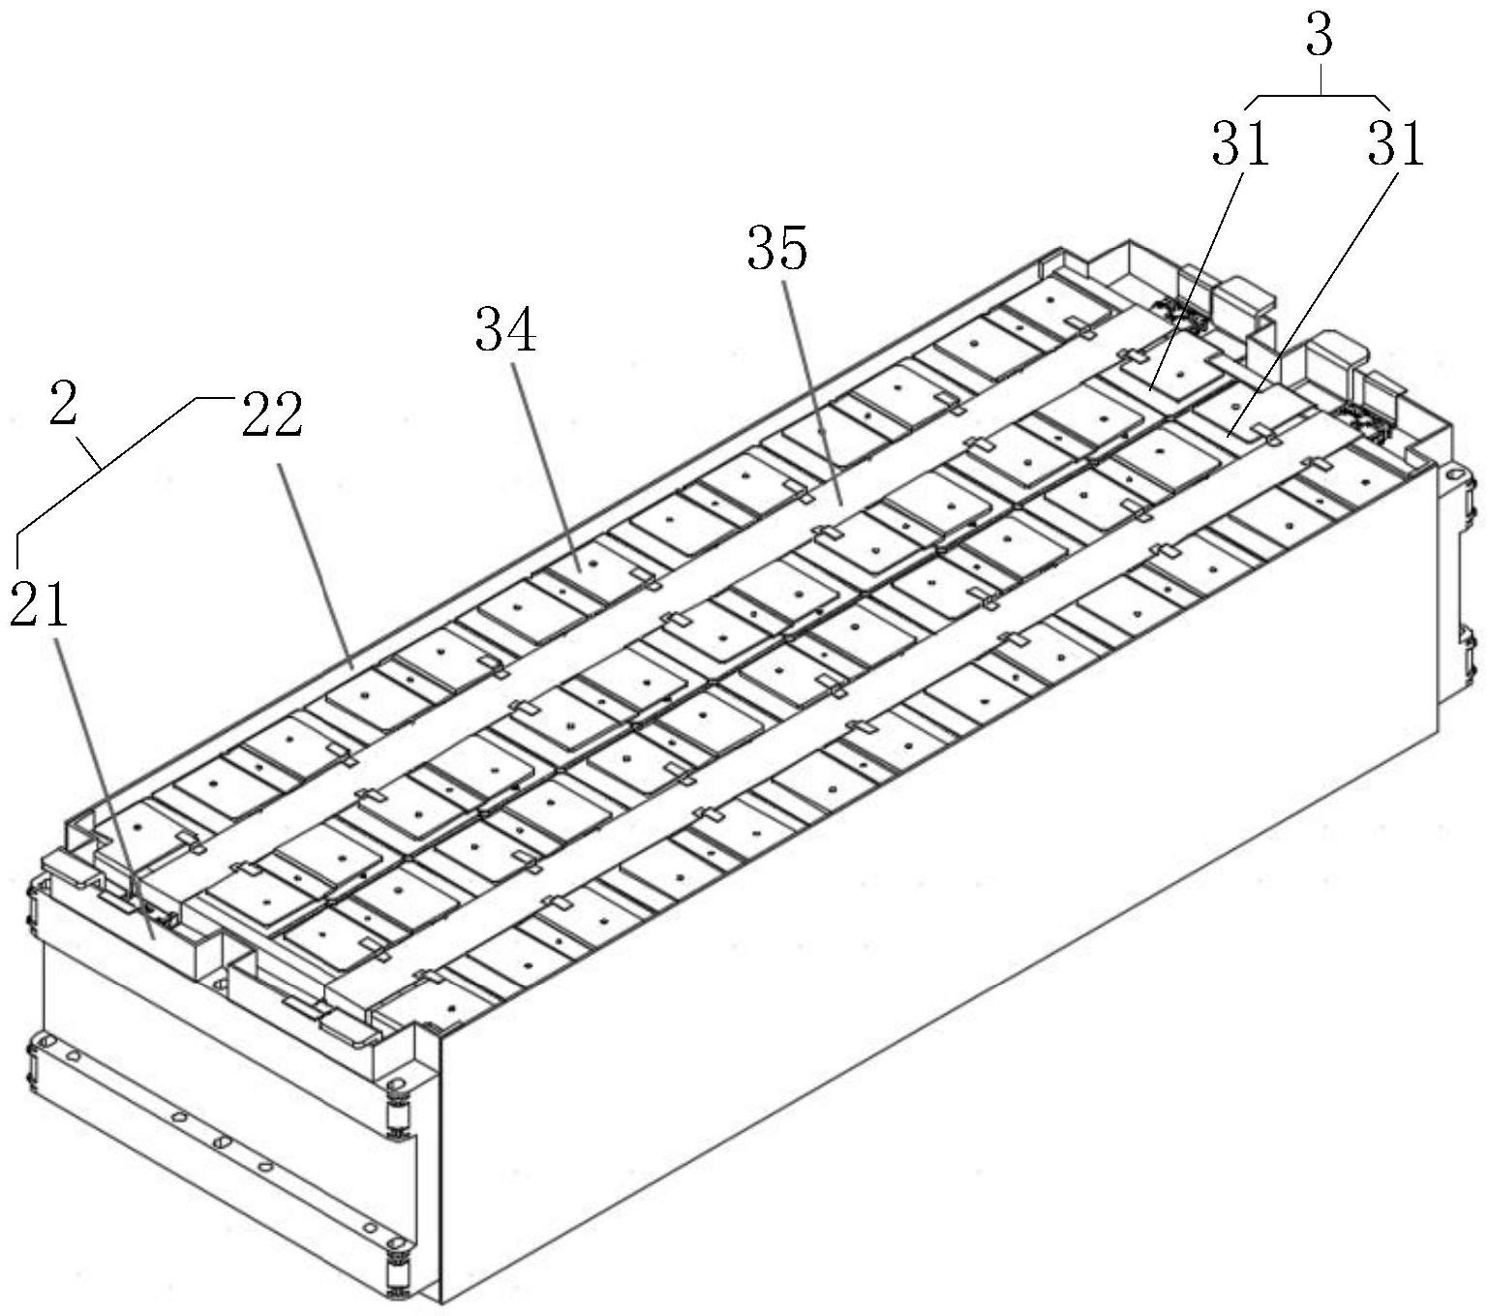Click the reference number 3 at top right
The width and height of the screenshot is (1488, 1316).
[x=1320, y=36]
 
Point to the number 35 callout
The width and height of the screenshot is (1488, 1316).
[x=776, y=249]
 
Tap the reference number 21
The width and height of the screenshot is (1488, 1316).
[x=40, y=606]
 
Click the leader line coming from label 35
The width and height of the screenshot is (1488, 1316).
[x=811, y=387]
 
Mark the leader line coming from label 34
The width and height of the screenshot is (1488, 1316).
[x=548, y=465]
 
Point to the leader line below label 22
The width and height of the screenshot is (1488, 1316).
[x=315, y=562]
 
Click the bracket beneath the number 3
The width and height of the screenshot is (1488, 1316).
[x=1320, y=97]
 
